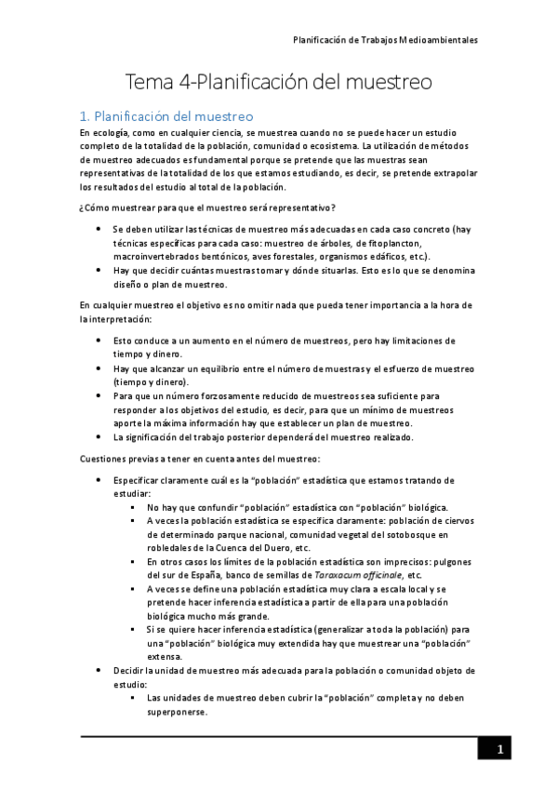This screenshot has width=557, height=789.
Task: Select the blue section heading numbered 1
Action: [166, 116]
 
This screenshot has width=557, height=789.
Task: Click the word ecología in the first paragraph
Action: [112, 133]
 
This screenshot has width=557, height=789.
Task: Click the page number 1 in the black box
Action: [499, 750]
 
